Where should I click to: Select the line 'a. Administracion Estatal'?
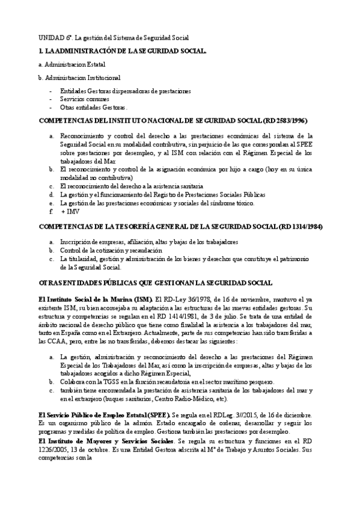(71, 64)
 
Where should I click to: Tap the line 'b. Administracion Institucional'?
(79, 78)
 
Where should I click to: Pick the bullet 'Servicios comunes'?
(84, 99)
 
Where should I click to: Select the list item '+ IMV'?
(70, 212)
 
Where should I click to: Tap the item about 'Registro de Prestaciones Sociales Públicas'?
(162, 195)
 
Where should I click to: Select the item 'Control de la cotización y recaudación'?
(111, 250)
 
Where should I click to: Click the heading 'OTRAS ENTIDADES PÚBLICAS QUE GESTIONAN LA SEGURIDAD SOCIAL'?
(155, 283)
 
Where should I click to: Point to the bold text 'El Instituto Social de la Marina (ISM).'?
(94, 299)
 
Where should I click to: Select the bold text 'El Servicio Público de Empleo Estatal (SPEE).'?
(103, 416)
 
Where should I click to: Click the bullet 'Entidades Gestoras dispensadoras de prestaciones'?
(125, 91)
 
